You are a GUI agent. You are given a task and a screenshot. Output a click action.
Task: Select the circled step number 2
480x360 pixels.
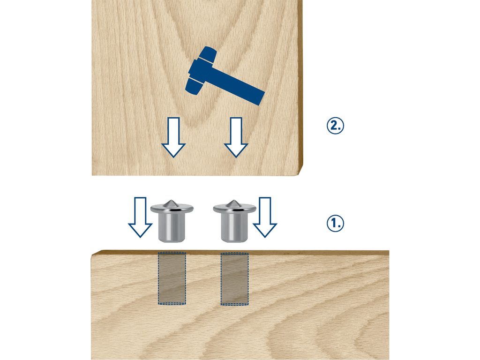[335, 126]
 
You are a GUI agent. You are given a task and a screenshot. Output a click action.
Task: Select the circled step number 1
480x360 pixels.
[335, 223]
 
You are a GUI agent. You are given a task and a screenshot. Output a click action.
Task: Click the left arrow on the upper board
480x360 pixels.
[173, 137]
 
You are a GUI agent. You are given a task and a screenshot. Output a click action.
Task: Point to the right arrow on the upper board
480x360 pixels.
[236, 137]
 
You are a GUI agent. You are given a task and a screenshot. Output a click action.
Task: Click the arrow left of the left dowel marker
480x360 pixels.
[140, 217]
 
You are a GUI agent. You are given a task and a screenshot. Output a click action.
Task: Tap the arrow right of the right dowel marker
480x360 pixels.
[265, 217]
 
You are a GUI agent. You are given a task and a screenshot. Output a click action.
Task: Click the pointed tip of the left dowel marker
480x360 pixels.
[172, 201]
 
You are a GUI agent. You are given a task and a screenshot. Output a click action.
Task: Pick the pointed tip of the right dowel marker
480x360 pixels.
[234, 201]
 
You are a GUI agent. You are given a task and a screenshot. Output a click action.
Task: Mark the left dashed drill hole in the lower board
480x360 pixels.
[172, 278]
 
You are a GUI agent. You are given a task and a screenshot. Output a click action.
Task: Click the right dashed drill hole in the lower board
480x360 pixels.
[234, 278]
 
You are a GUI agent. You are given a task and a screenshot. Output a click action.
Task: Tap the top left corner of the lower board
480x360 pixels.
[92, 255]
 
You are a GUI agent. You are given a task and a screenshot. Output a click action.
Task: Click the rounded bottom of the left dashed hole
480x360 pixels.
[172, 304]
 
